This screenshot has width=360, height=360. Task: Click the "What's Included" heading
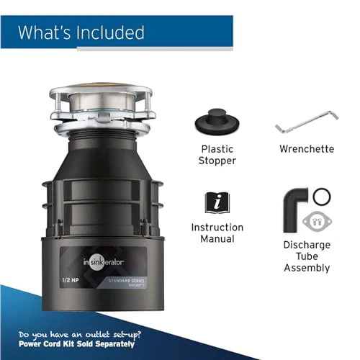pyautogui.click(x=81, y=32)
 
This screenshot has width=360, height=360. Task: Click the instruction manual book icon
pyautogui.click(x=217, y=202)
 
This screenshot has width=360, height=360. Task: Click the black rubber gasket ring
pyautogui.click(x=323, y=195)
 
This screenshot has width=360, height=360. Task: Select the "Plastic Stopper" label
pyautogui.click(x=217, y=155)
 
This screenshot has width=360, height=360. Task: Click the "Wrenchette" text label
pyautogui.click(x=307, y=149)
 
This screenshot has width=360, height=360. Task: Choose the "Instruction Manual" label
pyautogui.click(x=217, y=233)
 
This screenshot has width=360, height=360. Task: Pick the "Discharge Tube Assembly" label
pyautogui.click(x=307, y=256)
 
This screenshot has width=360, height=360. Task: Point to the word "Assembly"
pyautogui.click(x=307, y=268)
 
